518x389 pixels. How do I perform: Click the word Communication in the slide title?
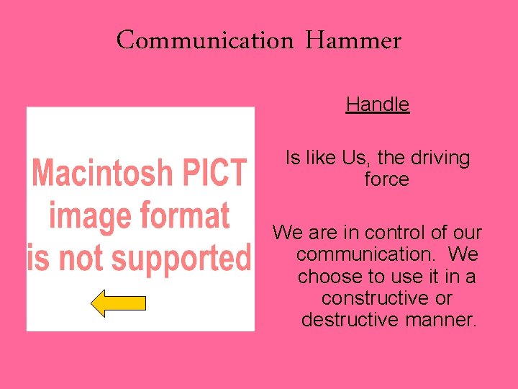pos(205,40)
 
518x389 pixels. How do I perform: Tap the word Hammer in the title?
pos(353,40)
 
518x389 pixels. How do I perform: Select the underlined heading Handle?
pos(377,104)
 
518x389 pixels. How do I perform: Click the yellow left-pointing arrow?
pos(118,303)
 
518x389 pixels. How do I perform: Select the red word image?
pos(91,215)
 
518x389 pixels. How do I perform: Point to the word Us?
pos(351,158)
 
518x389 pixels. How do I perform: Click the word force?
pos(386,179)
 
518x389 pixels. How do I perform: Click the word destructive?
pos(347,319)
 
